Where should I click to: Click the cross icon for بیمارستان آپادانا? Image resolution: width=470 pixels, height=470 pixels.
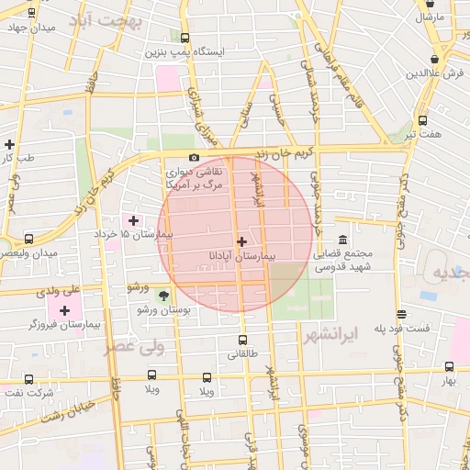pos(241,241)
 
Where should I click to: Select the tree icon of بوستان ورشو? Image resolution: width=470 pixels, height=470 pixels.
pos(163,295)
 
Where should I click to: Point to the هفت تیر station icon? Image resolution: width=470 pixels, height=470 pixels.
pos(422,120)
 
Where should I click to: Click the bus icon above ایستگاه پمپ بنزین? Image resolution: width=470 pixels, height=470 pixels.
pos(185,39)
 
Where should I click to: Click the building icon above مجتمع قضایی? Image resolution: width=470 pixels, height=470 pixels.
pos(341,240)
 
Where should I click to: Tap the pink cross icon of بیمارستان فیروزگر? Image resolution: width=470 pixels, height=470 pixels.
pos(64,309)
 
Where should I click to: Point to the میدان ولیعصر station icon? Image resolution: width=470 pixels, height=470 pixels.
pos(29,239)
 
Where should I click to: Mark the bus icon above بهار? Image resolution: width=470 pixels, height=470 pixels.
pos(449,366)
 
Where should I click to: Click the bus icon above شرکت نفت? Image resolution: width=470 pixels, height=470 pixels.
pos(29,379)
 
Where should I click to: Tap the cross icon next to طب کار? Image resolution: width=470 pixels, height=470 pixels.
pos(9,144)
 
